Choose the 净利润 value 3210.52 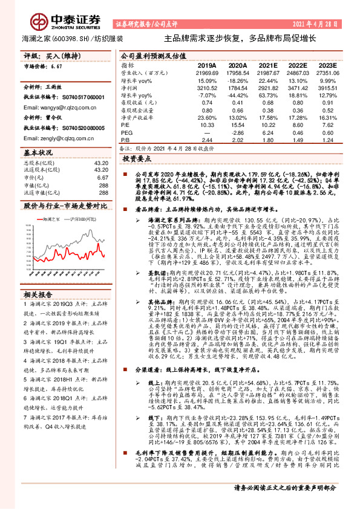206,88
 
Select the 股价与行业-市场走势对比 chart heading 65,206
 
